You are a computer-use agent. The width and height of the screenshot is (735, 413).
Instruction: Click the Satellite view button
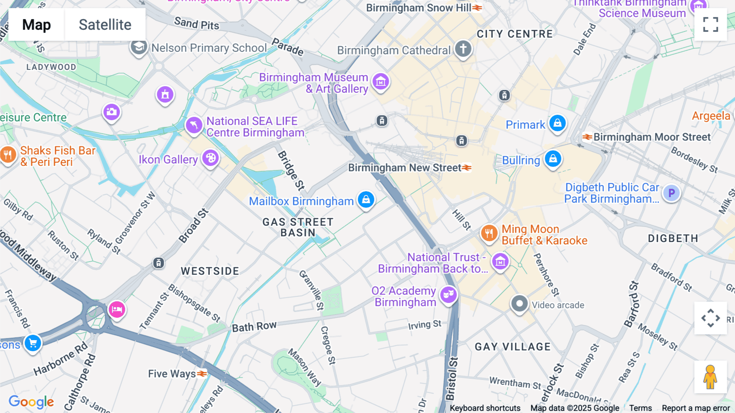[x=105, y=25]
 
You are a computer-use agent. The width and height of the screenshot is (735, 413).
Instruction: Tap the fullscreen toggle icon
[x=710, y=25]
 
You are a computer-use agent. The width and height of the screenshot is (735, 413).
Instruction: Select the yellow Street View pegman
[x=710, y=377]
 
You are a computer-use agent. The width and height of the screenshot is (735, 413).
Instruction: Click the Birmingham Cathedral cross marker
[x=463, y=49]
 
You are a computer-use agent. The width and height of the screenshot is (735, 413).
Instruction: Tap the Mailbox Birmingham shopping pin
[x=366, y=200]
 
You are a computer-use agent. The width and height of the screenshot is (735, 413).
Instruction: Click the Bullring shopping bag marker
[x=553, y=159]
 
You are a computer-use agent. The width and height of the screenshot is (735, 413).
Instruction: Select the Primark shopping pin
[x=557, y=123]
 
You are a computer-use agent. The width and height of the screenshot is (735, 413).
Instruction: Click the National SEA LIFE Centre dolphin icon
[x=194, y=125]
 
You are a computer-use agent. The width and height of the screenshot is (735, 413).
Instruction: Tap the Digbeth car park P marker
[x=671, y=193]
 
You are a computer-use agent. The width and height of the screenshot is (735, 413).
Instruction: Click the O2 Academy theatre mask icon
[x=448, y=294]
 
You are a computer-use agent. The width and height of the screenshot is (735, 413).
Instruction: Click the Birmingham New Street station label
[x=404, y=168]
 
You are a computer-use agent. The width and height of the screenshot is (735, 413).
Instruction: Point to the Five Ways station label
[x=172, y=374]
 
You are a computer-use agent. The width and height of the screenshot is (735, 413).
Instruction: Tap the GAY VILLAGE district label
[x=512, y=347]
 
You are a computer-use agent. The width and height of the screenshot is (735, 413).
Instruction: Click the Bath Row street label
[x=254, y=327]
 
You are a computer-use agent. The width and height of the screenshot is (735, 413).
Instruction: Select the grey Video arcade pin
[x=519, y=304]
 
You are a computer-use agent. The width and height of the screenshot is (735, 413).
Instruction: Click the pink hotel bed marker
[x=117, y=310]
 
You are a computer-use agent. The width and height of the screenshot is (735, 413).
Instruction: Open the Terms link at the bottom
[x=640, y=408]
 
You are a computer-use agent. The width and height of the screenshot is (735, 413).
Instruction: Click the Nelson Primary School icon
[x=139, y=47]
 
